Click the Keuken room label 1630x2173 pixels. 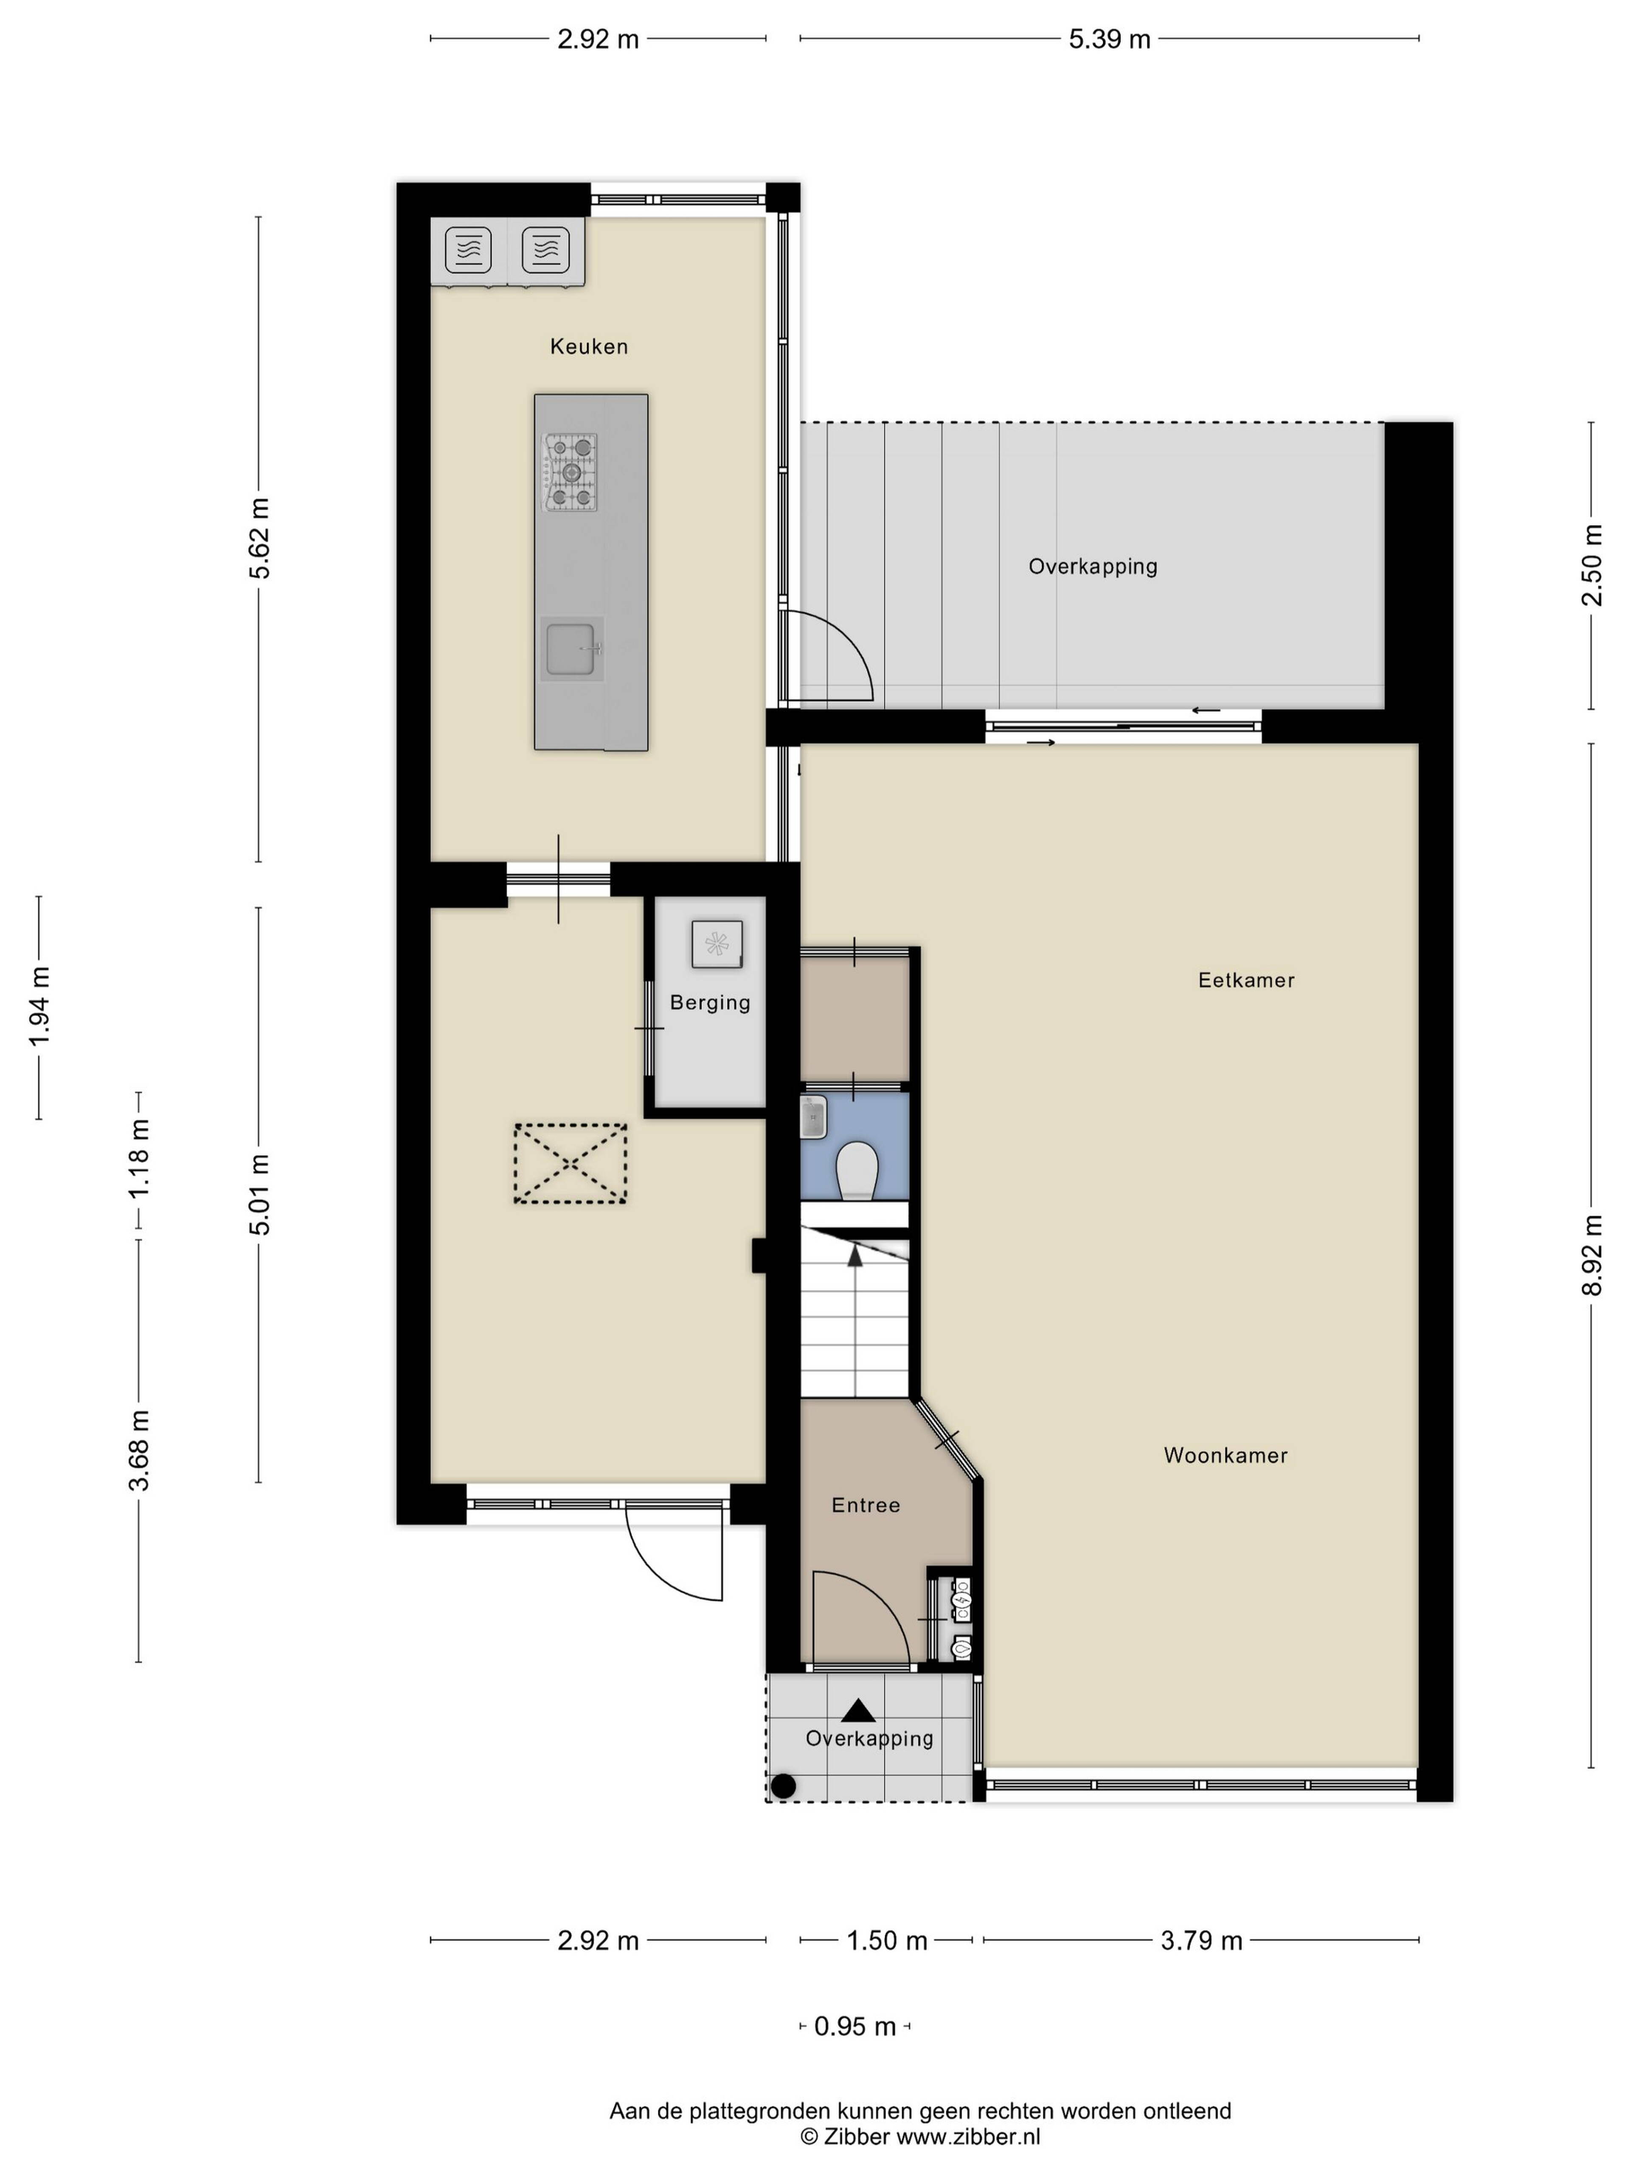588,346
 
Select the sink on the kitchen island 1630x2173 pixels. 571,649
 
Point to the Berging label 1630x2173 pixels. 709,1003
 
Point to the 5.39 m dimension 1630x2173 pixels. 1109,39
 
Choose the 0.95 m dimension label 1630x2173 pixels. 855,2027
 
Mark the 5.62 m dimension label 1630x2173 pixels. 259,538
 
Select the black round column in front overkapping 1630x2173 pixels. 783,1786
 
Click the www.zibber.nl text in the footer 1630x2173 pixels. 968,2136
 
